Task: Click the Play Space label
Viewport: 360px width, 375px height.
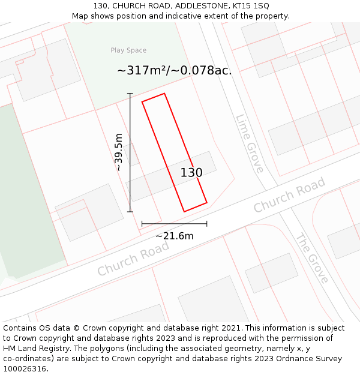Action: click(x=128, y=50)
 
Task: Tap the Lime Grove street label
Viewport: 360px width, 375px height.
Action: click(x=250, y=143)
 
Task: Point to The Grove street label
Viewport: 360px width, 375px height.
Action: click(x=312, y=258)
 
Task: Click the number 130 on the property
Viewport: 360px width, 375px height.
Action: click(x=191, y=173)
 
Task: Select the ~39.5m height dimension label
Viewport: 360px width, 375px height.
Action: click(x=118, y=152)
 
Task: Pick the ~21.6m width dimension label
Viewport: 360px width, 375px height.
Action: click(x=174, y=236)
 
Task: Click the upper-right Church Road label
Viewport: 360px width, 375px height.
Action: click(x=289, y=194)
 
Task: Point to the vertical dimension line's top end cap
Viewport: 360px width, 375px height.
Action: click(x=130, y=94)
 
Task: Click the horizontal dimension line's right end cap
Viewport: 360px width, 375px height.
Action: click(x=207, y=224)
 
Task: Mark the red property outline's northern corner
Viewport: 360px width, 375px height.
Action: click(x=164, y=94)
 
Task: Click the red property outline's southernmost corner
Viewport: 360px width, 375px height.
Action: click(x=184, y=212)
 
